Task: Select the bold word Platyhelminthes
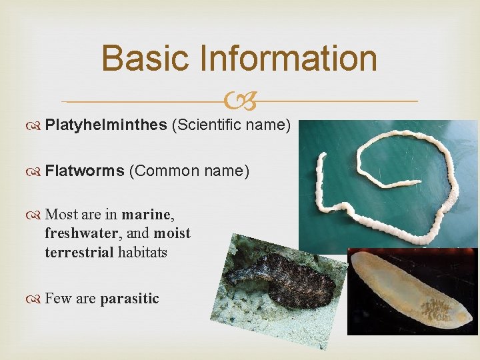point(105,126)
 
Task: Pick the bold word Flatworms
point(85,171)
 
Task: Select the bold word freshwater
point(79,234)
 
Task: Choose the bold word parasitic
point(129,298)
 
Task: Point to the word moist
point(171,234)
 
